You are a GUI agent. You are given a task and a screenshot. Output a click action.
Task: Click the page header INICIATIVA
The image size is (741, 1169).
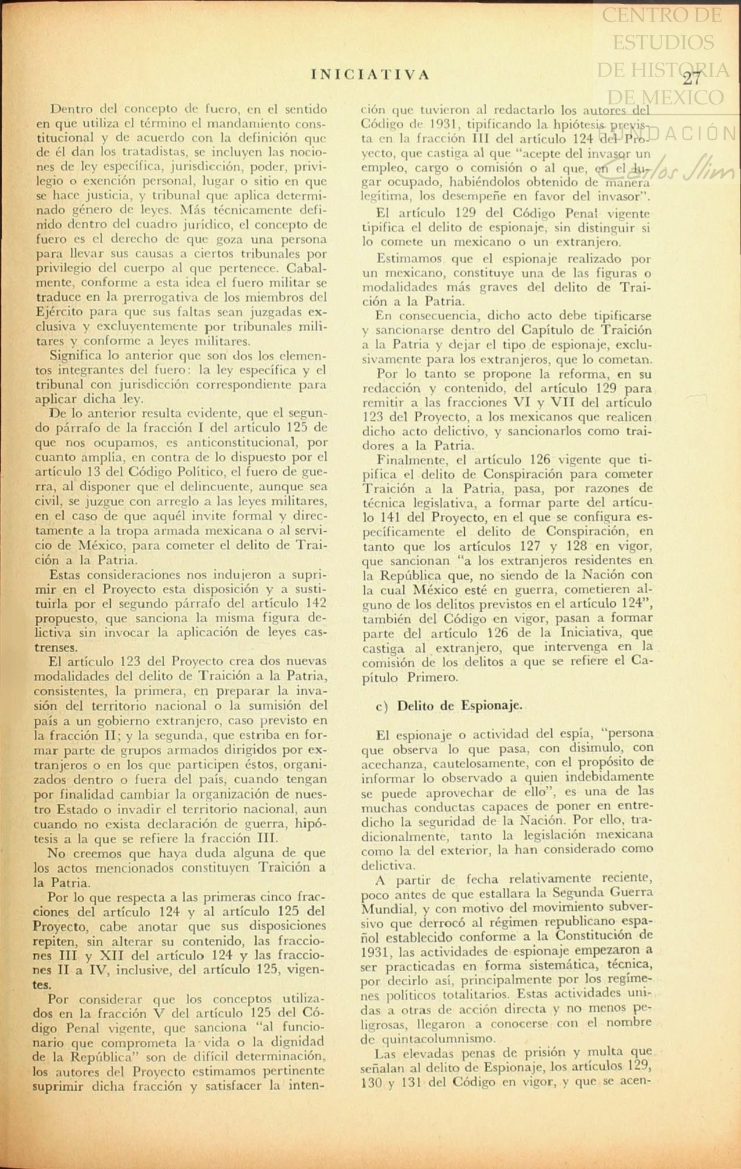click(370, 75)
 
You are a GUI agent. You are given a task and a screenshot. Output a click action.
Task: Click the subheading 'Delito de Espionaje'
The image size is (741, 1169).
click(460, 706)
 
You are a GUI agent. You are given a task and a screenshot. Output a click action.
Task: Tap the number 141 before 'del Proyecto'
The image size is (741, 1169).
click(390, 517)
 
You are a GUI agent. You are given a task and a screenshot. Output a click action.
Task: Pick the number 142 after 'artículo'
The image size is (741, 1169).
click(316, 603)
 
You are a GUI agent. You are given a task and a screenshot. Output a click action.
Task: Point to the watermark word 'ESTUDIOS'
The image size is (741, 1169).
click(663, 42)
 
